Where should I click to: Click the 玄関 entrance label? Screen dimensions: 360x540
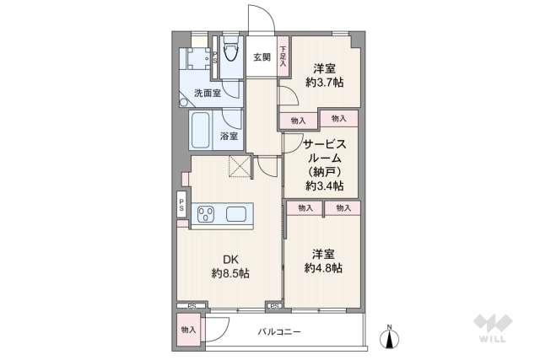(262, 57)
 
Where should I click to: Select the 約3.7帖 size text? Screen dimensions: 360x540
(323, 83)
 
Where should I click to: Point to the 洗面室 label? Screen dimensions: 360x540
(207, 94)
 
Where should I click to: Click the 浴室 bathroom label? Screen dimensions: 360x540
(229, 136)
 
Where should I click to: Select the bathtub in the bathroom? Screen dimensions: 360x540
(202, 132)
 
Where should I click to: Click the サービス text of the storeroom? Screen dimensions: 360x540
(324, 143)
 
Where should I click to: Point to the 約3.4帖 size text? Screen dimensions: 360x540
(324, 185)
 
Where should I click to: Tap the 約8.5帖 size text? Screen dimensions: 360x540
(229, 274)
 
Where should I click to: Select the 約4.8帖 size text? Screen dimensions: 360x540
(324, 267)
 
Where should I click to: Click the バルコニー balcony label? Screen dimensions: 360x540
(279, 332)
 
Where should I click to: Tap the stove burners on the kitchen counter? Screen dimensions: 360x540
(207, 214)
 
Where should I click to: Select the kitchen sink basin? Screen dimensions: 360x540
(237, 214)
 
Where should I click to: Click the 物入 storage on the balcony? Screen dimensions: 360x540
(188, 330)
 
